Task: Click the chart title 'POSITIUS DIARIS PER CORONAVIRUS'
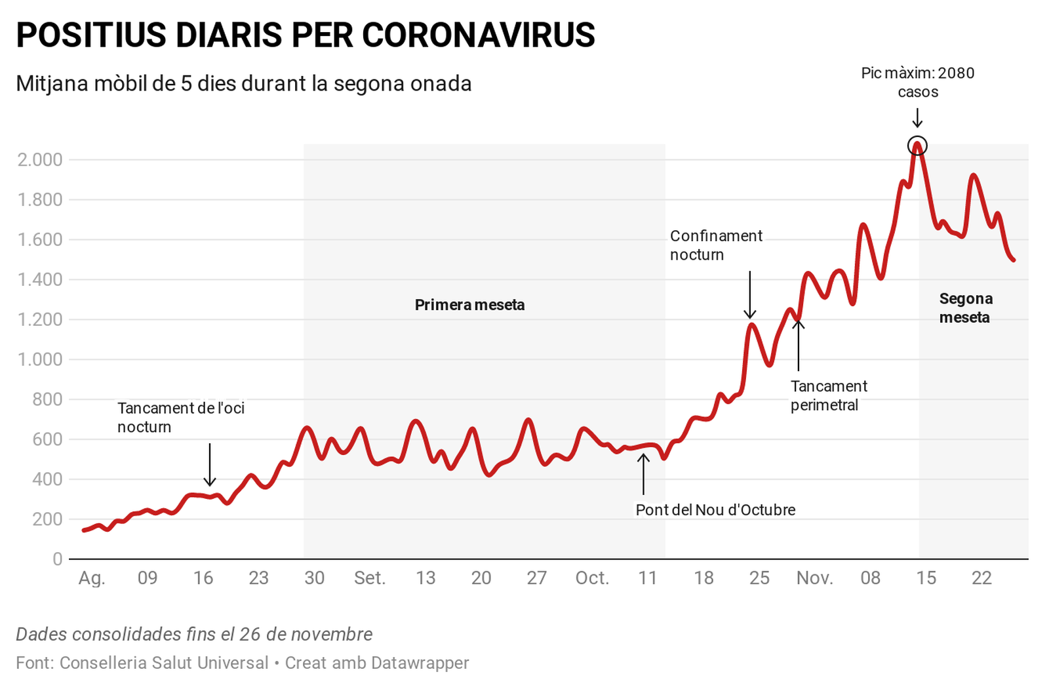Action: click(306, 35)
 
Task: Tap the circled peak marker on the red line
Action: click(917, 146)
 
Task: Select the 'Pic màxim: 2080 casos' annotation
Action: click(918, 82)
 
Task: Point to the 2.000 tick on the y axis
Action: click(40, 159)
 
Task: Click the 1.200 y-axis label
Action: click(40, 319)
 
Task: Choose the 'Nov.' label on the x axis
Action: click(814, 578)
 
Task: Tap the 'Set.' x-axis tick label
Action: click(369, 578)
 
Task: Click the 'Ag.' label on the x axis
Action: click(92, 578)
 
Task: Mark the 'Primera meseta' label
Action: click(469, 305)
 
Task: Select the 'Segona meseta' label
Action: click(965, 308)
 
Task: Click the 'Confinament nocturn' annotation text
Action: click(716, 245)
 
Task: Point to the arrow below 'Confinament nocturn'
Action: click(750, 295)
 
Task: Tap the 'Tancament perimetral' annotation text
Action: click(829, 395)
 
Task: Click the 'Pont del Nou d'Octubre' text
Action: click(715, 509)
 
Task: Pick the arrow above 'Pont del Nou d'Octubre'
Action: click(643, 473)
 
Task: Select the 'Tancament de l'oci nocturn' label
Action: click(181, 417)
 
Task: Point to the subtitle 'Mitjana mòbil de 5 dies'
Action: click(243, 84)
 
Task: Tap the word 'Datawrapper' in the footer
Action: click(420, 663)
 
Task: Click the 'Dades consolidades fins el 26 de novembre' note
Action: click(194, 634)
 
